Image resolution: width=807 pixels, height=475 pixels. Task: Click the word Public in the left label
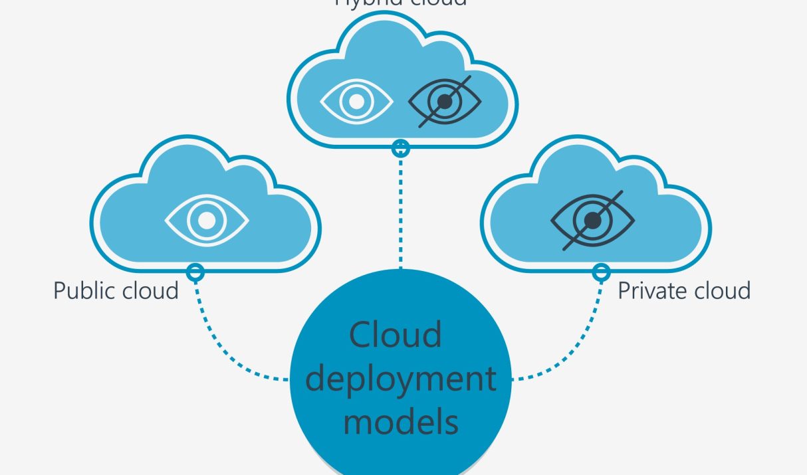click(83, 290)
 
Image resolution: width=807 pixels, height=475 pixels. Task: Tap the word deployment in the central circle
click(401, 379)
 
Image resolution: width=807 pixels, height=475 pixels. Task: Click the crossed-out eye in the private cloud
click(592, 219)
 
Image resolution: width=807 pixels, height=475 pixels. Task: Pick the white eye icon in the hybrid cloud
click(356, 102)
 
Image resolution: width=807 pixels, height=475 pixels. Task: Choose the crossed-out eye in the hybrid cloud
click(444, 102)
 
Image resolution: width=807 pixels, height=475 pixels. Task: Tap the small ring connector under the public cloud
click(195, 271)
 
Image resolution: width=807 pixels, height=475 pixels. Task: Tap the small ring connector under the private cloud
click(601, 271)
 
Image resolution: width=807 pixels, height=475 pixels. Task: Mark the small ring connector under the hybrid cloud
click(401, 148)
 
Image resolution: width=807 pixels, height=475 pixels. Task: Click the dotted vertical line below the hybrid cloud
click(401, 213)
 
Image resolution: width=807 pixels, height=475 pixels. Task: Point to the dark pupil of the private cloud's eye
click(591, 219)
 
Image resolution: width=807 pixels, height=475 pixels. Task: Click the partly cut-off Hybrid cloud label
click(401, 3)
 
